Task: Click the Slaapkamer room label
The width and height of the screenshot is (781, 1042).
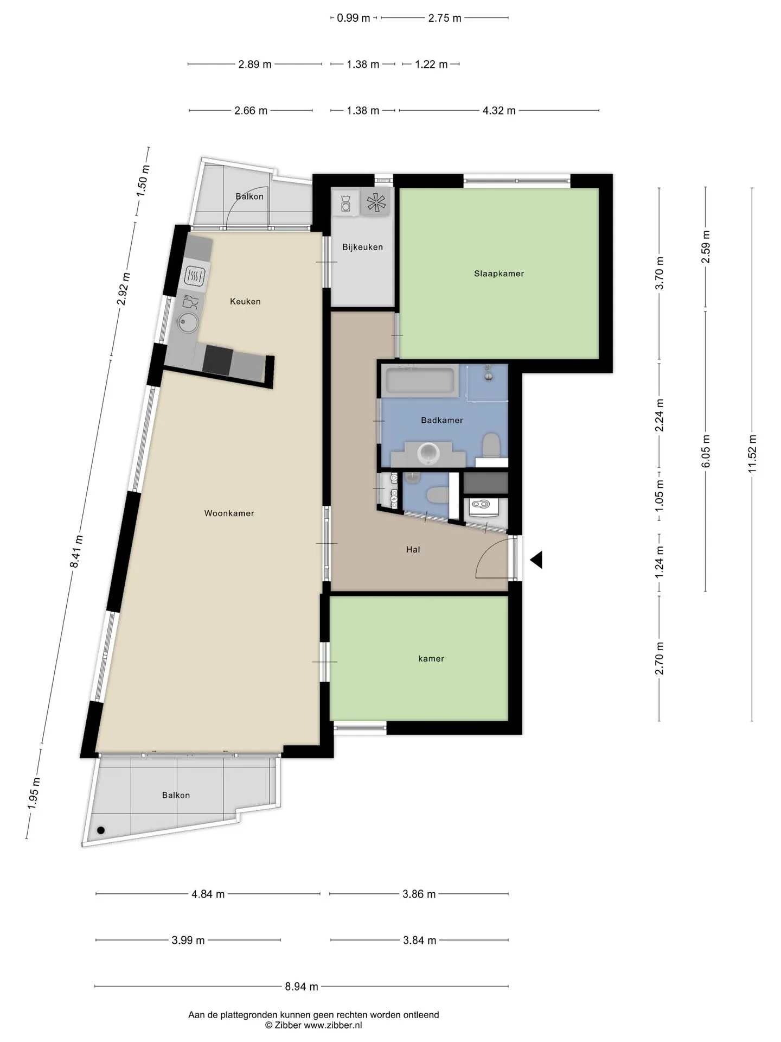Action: (x=499, y=274)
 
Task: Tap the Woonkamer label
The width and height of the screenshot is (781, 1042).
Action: (x=229, y=513)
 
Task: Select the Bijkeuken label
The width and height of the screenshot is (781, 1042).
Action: (x=362, y=247)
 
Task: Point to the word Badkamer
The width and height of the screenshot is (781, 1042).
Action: (x=442, y=420)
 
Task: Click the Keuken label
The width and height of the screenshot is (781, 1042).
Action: (x=245, y=302)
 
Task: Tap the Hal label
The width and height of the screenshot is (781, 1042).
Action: (x=413, y=550)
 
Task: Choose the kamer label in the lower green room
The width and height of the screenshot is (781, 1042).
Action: (x=431, y=659)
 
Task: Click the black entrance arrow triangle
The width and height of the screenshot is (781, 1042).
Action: (x=536, y=560)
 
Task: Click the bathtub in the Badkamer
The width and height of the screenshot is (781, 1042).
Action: (x=420, y=381)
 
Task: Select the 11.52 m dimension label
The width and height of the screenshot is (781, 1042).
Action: (x=752, y=454)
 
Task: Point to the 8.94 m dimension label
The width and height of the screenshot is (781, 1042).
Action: (x=302, y=987)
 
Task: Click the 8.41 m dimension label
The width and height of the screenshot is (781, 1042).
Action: (x=76, y=551)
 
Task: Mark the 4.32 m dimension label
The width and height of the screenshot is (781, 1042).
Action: (x=499, y=111)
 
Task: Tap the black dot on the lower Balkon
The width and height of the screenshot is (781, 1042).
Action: (x=101, y=830)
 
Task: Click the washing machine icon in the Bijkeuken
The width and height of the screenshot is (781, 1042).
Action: (x=346, y=203)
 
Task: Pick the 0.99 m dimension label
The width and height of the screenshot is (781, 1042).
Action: (x=354, y=18)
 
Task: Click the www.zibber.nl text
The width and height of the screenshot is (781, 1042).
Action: (x=333, y=1025)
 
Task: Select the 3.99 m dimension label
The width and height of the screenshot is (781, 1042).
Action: (x=188, y=941)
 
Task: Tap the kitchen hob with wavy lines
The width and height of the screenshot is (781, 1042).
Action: (x=195, y=276)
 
